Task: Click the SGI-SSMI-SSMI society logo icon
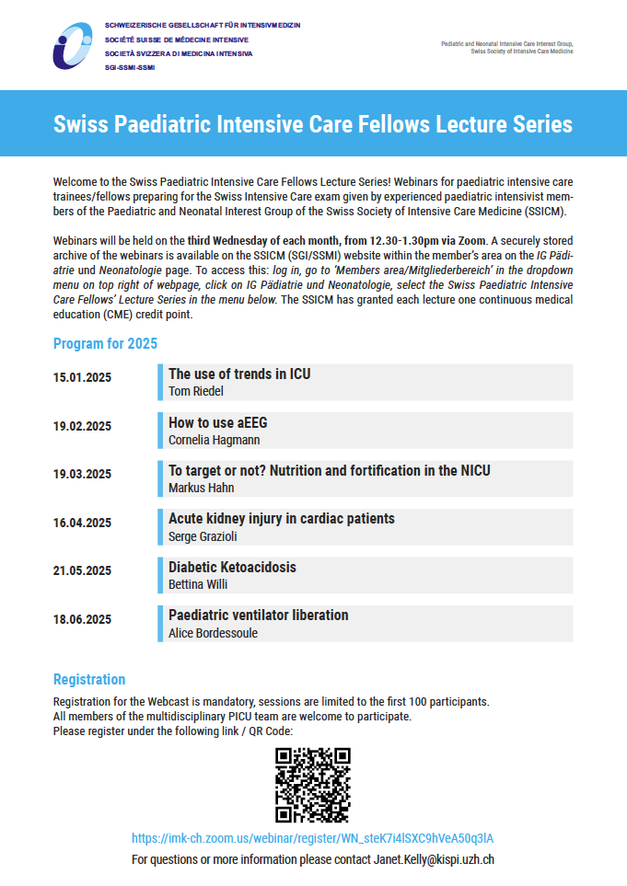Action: coord(73,45)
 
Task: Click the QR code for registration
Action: coord(313,785)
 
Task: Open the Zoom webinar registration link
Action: coord(313,838)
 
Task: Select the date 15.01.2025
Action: coord(82,377)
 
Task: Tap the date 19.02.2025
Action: coord(82,426)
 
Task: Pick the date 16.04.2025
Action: coord(82,523)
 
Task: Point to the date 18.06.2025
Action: coord(82,619)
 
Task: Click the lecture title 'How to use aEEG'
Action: coord(218,422)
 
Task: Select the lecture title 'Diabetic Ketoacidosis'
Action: coord(232,567)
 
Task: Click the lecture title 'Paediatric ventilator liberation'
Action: coord(258,615)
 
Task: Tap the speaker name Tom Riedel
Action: coord(196,392)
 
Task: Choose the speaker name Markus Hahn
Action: coord(201,488)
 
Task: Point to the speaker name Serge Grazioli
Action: coord(203,536)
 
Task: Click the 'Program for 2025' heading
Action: coord(105,344)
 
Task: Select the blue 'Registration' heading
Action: coord(89,679)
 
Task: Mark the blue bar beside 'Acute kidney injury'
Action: coord(160,526)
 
